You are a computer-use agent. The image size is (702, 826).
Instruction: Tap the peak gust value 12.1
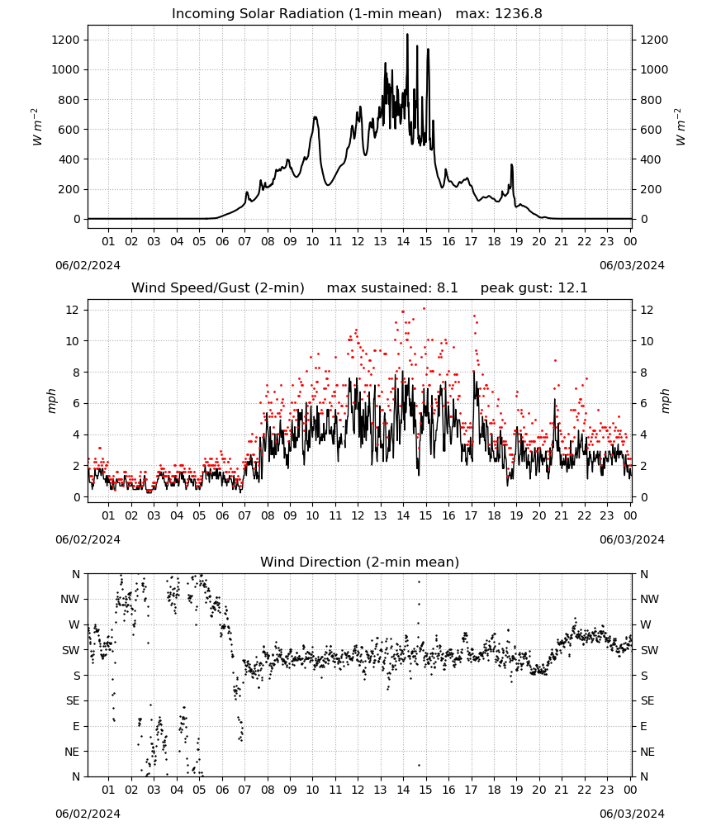(573, 288)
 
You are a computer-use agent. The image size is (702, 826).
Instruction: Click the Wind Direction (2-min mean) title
(360, 562)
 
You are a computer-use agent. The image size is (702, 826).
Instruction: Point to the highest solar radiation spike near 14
(407, 35)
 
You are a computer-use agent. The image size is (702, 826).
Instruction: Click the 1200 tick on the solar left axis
(65, 40)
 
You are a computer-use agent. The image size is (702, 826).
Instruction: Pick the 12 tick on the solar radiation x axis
(358, 241)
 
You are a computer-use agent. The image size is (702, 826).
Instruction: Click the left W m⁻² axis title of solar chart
(36, 127)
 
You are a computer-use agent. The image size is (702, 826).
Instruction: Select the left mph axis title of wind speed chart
(51, 401)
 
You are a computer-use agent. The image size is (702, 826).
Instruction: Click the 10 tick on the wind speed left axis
(74, 341)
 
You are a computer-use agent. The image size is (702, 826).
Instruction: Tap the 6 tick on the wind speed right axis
(643, 404)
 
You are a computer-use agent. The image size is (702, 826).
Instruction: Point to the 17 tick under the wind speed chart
(471, 515)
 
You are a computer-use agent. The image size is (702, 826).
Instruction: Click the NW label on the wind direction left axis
(70, 600)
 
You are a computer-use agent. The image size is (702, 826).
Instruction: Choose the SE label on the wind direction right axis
(647, 701)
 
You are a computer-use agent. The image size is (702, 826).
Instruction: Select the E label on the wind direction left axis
(76, 726)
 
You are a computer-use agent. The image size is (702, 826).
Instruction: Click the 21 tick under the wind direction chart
(562, 790)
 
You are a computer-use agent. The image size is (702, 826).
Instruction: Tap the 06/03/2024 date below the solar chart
(632, 265)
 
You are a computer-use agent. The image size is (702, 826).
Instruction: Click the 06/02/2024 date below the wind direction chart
(88, 814)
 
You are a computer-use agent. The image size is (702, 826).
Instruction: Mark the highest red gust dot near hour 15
(424, 309)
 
